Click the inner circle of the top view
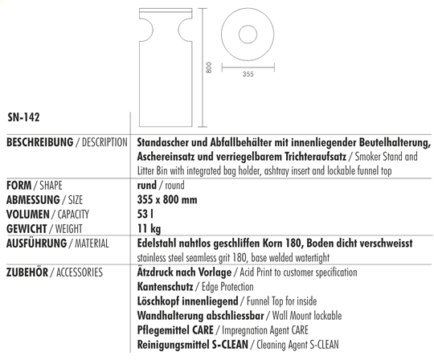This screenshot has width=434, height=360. coord(248,35)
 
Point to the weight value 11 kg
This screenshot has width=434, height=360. coord(150,228)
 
